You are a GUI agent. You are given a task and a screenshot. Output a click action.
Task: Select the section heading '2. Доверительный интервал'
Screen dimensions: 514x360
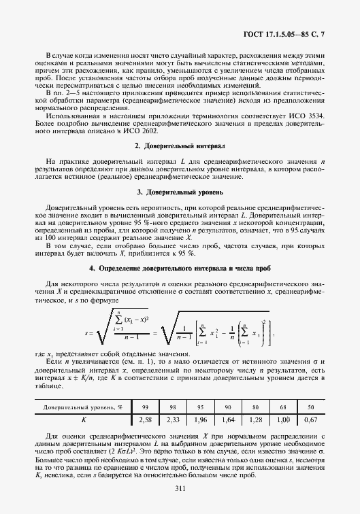point(180,165)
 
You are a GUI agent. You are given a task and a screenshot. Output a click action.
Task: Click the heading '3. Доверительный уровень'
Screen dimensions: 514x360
point(180,211)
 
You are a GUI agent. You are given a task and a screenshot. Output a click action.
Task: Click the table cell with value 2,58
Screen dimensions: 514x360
point(145,419)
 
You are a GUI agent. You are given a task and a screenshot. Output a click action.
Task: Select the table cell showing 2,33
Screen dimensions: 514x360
point(173,419)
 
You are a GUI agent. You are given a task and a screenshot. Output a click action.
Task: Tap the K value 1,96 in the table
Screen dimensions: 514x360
point(200,419)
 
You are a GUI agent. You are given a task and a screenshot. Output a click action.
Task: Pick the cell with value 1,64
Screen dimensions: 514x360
point(228,419)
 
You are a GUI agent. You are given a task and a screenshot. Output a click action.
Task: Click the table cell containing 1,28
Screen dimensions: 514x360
point(256,419)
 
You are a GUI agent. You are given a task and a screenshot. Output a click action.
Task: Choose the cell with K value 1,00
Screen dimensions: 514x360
point(283,419)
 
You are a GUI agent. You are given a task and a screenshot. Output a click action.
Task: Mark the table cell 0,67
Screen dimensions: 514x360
point(310,419)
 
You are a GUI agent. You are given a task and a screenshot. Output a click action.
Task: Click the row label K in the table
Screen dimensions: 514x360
point(84,419)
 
